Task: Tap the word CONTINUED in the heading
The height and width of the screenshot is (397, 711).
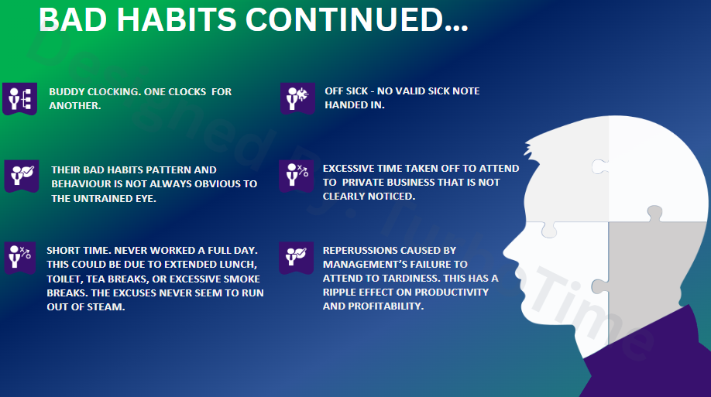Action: [x=344, y=19]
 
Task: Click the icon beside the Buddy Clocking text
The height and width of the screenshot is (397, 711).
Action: [x=20, y=99]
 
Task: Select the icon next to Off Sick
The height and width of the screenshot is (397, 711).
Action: [x=297, y=98]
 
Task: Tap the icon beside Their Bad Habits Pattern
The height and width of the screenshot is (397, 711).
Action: [x=22, y=176]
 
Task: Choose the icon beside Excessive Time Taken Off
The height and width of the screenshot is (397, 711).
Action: [x=297, y=176]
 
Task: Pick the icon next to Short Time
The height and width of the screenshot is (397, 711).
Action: [x=20, y=258]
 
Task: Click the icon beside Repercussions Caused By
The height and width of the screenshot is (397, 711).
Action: [x=296, y=258]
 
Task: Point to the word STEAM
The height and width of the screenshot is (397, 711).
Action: [x=108, y=306]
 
